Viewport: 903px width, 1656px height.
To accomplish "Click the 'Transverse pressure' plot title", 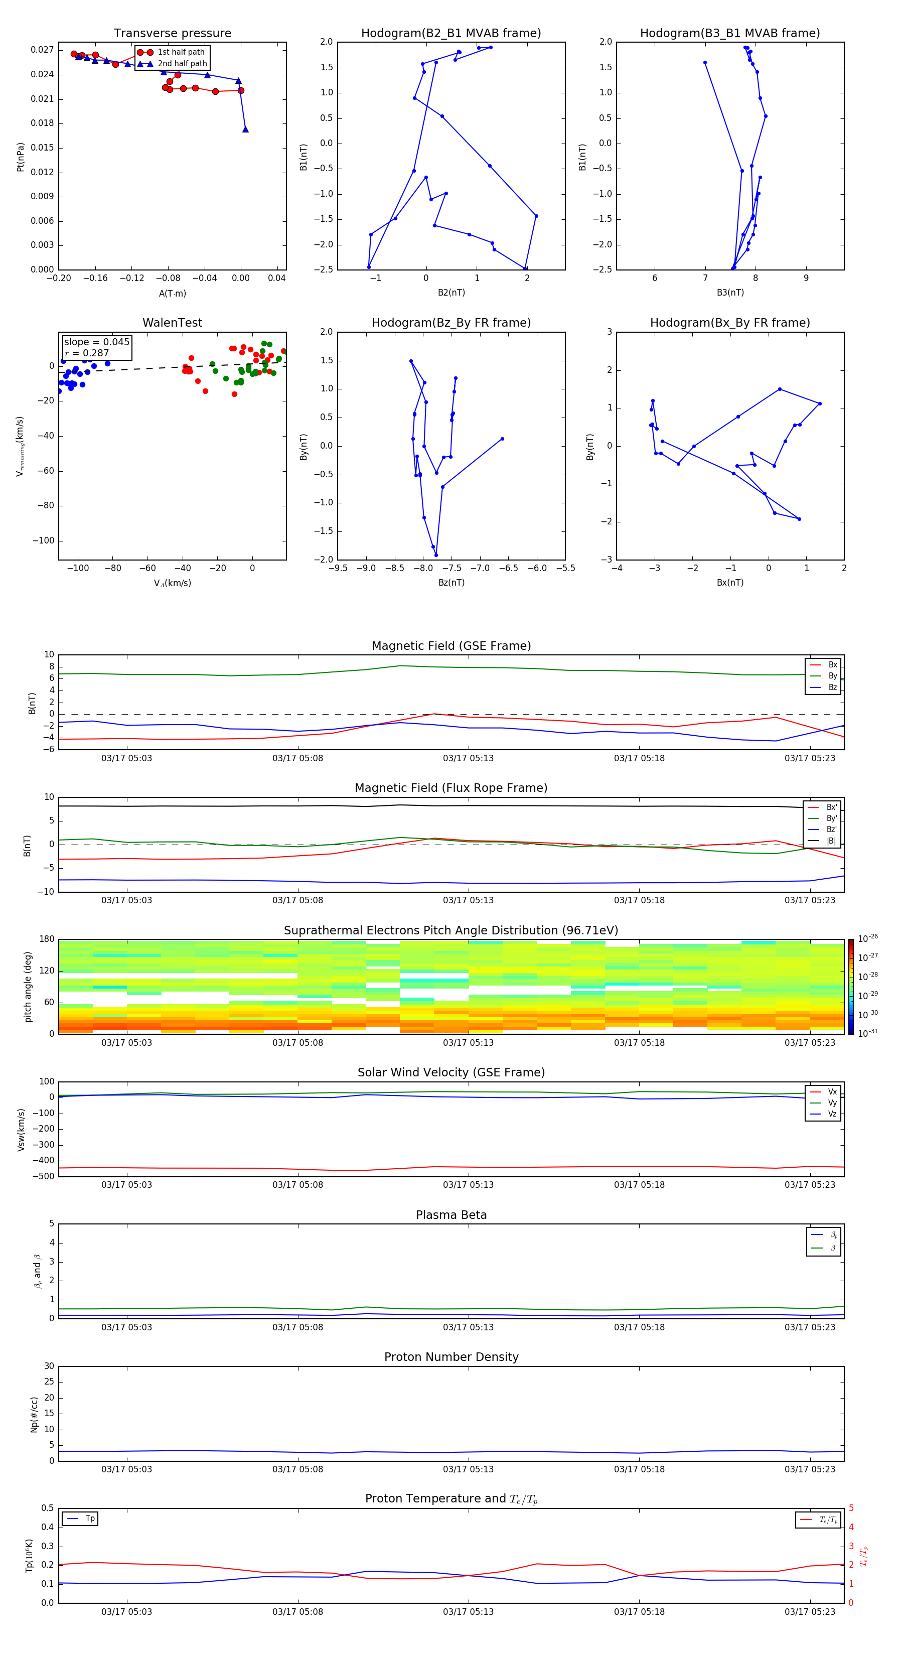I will [172, 34].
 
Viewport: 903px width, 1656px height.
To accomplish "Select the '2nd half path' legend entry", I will [183, 64].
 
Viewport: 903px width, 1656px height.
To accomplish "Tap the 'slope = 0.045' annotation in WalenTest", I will [96, 342].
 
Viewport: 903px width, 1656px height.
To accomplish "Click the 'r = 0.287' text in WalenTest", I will [87, 353].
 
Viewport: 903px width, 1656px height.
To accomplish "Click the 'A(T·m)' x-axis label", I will [172, 293].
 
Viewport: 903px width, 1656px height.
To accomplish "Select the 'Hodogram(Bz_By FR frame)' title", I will [451, 323].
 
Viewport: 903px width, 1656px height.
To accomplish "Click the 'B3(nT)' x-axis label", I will [730, 293].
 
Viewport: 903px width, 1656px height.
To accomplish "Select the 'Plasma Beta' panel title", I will [451, 1215].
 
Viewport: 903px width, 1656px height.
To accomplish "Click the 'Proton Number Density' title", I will [451, 1357].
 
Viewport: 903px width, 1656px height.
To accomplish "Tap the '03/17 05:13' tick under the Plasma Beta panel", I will [468, 1327].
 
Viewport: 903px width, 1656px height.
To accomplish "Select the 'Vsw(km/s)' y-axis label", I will [21, 1130].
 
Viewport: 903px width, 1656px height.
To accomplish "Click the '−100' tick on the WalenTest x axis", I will [78, 568].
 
